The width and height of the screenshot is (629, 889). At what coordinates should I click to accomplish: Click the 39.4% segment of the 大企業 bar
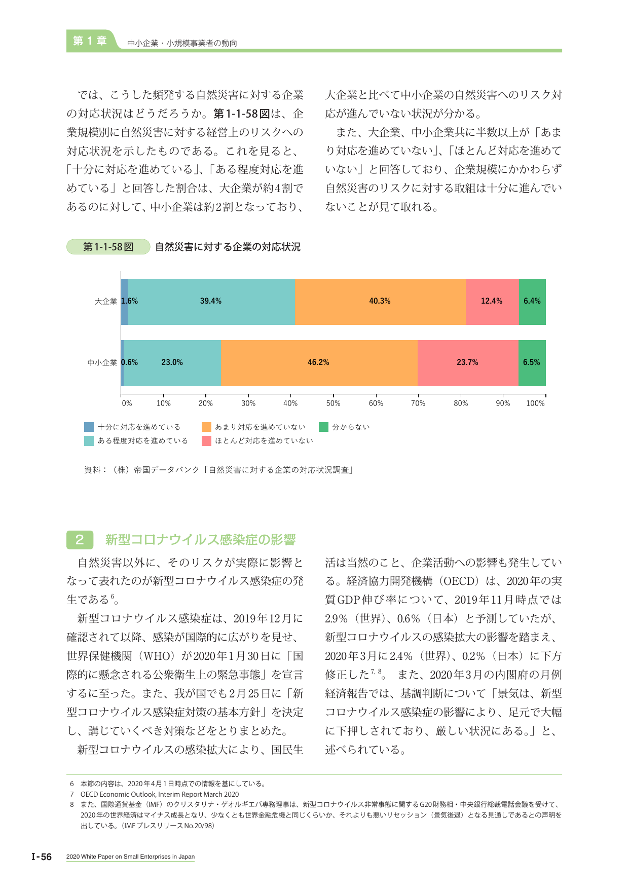point(211,302)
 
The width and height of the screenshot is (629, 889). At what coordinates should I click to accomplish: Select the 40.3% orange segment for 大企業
point(380,302)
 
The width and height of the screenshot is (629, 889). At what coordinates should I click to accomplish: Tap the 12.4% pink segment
point(492,302)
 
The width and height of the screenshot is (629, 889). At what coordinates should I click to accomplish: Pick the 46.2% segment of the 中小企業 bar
point(319,363)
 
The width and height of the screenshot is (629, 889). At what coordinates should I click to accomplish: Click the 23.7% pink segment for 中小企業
point(468,363)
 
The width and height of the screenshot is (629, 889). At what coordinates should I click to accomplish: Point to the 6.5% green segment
point(532,363)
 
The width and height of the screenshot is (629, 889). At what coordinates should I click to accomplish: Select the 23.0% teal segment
point(172,363)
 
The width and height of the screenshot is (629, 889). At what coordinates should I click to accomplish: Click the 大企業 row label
point(106,302)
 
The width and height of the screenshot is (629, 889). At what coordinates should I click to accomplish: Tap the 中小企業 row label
point(102,363)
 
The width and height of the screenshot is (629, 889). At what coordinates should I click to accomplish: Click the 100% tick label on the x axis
point(535,403)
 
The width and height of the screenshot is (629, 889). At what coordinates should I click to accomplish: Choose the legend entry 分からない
point(345,427)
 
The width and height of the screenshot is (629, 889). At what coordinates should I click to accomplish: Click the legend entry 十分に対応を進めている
point(132,427)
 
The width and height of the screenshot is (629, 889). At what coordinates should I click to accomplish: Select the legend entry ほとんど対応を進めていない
point(257,441)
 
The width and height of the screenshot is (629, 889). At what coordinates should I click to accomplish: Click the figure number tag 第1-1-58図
point(108,247)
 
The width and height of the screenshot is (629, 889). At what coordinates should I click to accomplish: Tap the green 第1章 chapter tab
point(90,41)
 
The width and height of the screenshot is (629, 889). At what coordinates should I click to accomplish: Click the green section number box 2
point(80,540)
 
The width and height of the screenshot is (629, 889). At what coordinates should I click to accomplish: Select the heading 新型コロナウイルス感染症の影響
point(201,540)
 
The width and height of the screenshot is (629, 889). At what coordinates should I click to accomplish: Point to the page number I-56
point(42,857)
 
